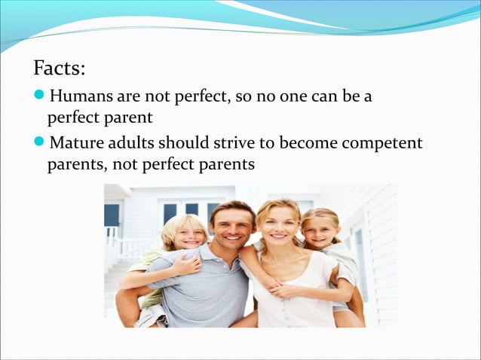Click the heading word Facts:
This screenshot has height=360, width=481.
click(x=59, y=69)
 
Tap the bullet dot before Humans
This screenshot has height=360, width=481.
click(x=40, y=97)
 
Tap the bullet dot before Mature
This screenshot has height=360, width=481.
click(x=40, y=142)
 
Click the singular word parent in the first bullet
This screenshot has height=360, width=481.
click(x=131, y=119)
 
